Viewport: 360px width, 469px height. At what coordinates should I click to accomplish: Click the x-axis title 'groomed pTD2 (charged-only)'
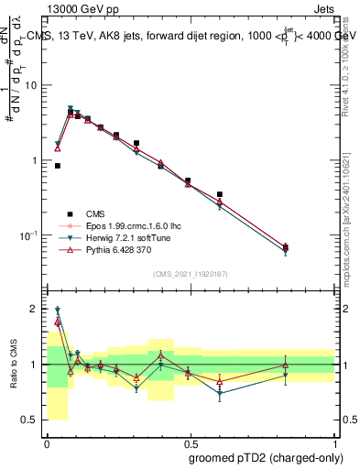coord(265,458)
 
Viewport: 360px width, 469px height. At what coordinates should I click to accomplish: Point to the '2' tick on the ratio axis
coord(35,309)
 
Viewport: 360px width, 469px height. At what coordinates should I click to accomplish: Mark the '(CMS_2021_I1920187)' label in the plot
coord(190,274)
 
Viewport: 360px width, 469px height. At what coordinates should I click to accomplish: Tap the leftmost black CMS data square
coord(58,166)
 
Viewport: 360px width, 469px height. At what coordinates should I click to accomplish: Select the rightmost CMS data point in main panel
coord(286,246)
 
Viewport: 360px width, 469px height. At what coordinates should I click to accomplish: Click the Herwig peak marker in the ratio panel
coord(58,310)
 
